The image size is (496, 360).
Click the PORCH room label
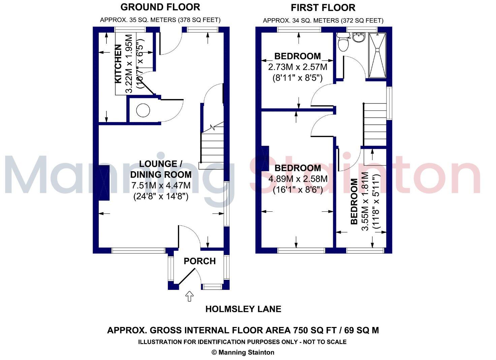pyautogui.click(x=199, y=261)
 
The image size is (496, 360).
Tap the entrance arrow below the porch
pyautogui.click(x=190, y=296)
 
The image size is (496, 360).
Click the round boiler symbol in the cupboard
pyautogui.click(x=143, y=110)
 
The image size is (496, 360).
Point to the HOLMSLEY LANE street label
pyautogui.click(x=243, y=309)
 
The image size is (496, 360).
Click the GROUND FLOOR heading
pyautogui.click(x=160, y=7)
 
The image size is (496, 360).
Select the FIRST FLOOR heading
pyautogui.click(x=323, y=7)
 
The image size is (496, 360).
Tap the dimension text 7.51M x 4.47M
pyautogui.click(x=161, y=185)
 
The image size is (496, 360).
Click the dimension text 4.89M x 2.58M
pyautogui.click(x=298, y=179)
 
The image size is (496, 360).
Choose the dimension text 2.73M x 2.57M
pyautogui.click(x=298, y=67)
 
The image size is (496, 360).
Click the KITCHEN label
pyautogui.click(x=118, y=64)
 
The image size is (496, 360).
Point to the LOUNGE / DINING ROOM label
pyautogui.click(x=161, y=169)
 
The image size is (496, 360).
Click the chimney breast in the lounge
pyautogui.click(x=104, y=183)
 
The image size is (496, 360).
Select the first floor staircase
pyautogui.click(x=374, y=124)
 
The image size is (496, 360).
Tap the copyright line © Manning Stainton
pyautogui.click(x=243, y=353)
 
